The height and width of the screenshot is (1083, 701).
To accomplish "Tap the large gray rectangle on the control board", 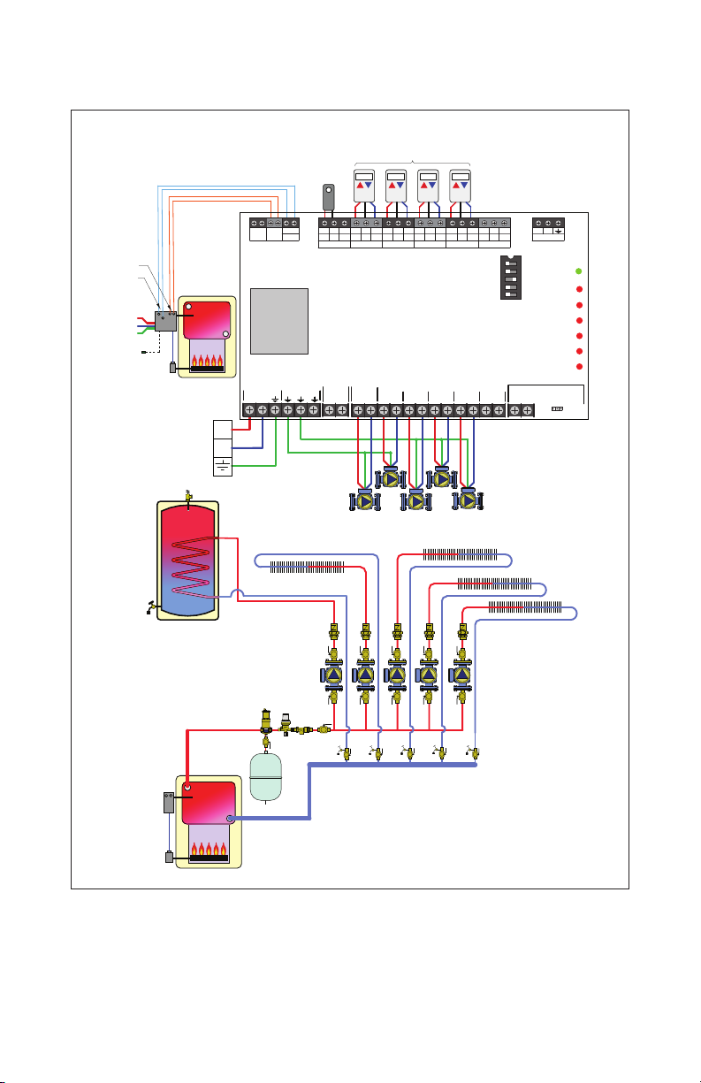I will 279,320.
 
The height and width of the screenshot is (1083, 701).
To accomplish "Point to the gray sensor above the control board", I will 328,196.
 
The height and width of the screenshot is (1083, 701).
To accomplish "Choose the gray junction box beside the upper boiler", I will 165,321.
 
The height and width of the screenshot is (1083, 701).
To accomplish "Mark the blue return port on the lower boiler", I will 229,819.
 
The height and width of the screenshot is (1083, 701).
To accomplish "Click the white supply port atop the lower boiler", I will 188,786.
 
